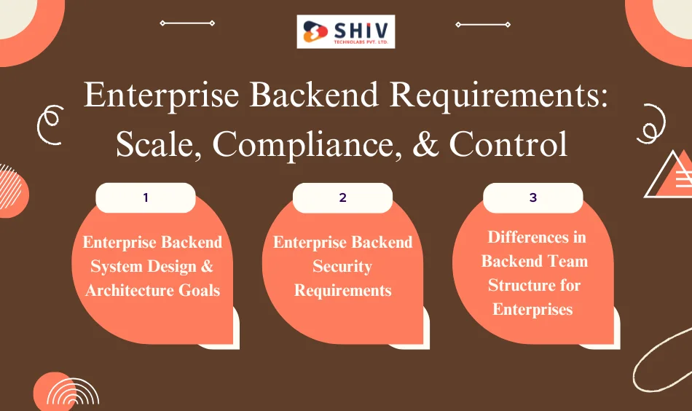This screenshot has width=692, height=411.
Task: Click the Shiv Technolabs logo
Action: (x=346, y=31)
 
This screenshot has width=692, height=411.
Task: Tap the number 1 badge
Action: (x=146, y=197)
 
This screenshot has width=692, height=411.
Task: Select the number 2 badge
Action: (x=342, y=197)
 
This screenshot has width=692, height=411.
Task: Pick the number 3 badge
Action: (x=533, y=197)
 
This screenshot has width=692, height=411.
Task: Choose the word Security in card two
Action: (x=342, y=266)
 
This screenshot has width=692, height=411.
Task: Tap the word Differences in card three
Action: (x=537, y=237)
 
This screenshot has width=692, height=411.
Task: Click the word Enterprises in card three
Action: (x=532, y=309)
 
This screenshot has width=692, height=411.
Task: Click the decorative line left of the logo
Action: (x=187, y=23)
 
